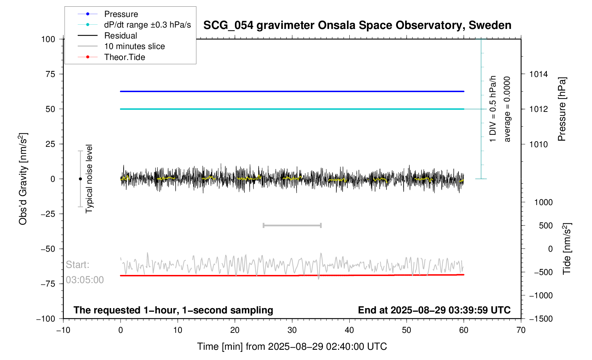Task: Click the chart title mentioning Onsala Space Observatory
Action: tap(357, 25)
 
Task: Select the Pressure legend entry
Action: tap(121, 14)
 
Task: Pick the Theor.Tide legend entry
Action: tap(124, 57)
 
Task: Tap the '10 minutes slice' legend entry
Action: tap(134, 46)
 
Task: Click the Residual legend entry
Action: tap(120, 36)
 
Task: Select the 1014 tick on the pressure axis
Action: tap(538, 74)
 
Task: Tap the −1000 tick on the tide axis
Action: tap(541, 295)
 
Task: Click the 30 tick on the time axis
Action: tap(292, 330)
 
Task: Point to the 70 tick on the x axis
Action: tap(521, 330)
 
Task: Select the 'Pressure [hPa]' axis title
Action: tap(562, 109)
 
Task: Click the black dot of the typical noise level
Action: tap(80, 179)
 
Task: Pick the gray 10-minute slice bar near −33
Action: tap(292, 226)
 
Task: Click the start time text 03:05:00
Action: tap(85, 280)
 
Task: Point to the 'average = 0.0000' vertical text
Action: tap(507, 109)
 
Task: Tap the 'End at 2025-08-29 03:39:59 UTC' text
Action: tap(434, 310)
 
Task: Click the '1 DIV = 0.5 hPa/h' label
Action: tap(493, 109)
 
